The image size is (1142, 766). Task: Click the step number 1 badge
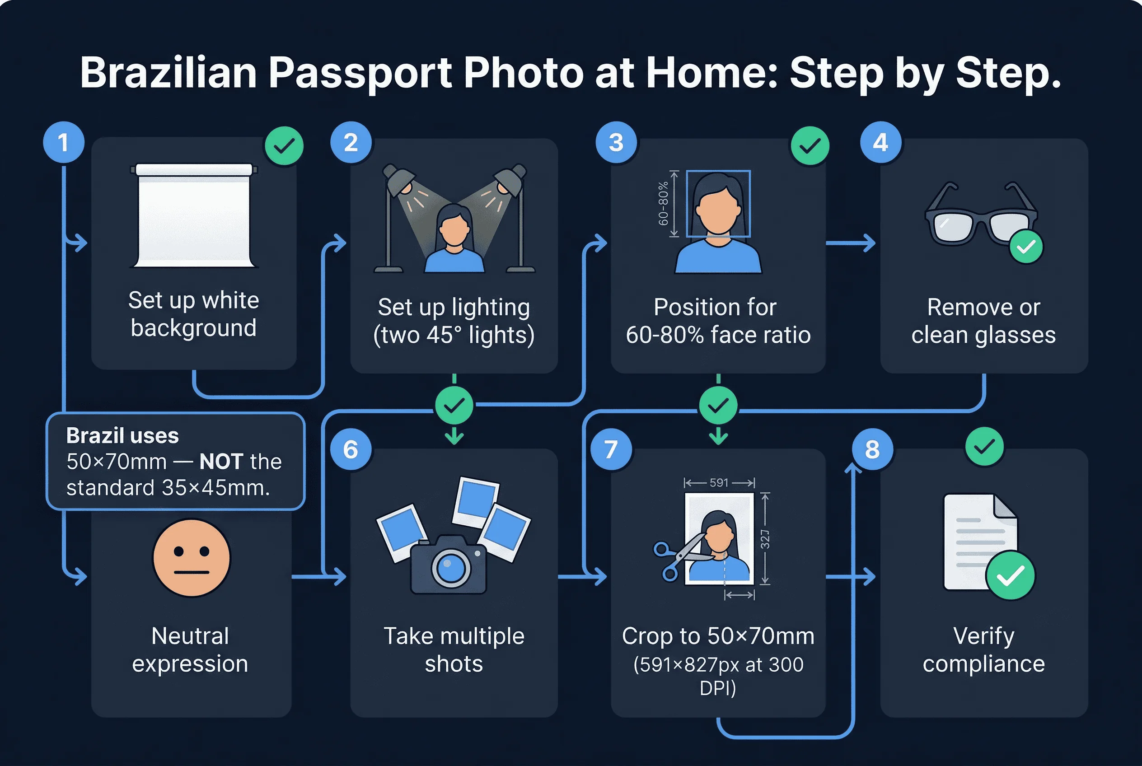(x=64, y=142)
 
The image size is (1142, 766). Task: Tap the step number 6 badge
(x=351, y=449)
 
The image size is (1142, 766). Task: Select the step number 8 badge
(x=872, y=449)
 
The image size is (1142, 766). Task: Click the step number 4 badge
(x=880, y=142)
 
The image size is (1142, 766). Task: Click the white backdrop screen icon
(x=194, y=215)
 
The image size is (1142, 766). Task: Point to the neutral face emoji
(x=191, y=557)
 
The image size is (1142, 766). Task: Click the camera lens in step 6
(x=450, y=568)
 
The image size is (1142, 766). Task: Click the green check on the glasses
(x=1026, y=247)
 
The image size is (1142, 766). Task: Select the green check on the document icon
(x=1010, y=575)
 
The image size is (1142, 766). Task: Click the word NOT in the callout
(x=221, y=462)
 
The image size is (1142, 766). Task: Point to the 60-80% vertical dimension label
(x=663, y=204)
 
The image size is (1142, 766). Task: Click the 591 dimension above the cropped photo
(x=719, y=483)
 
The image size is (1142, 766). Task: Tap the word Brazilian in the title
(x=168, y=73)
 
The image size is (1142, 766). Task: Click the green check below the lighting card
(x=454, y=405)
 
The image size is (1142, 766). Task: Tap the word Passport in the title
(x=360, y=73)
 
